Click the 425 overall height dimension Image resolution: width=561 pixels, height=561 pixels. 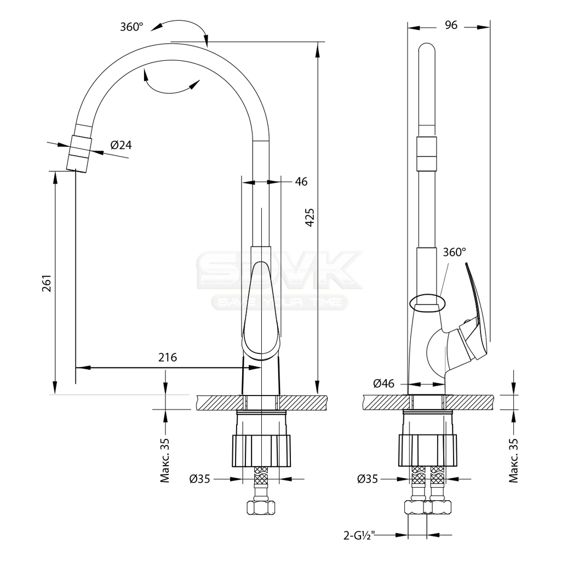pyautogui.click(x=310, y=217)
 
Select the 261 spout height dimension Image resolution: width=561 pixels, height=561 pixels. pyautogui.click(x=47, y=283)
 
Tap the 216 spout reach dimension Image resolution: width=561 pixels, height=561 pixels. pyautogui.click(x=168, y=357)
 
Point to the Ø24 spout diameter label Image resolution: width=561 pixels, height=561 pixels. pyautogui.click(x=121, y=145)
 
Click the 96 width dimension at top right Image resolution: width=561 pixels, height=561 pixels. pyautogui.click(x=451, y=25)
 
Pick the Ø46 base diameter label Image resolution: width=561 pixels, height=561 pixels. pyautogui.click(x=383, y=383)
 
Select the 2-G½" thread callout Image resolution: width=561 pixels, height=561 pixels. pyautogui.click(x=359, y=536)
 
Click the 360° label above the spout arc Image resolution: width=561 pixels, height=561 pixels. pyautogui.click(x=131, y=27)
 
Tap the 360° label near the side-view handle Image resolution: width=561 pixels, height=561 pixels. pyautogui.click(x=454, y=252)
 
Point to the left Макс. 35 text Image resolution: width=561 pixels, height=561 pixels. pyautogui.click(x=164, y=460)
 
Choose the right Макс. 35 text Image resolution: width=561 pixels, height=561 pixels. pyautogui.click(x=513, y=460)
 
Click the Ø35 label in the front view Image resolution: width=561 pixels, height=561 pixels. pyautogui.click(x=199, y=479)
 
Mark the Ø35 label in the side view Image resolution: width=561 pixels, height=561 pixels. pyautogui.click(x=368, y=479)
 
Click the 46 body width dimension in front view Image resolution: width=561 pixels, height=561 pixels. pyautogui.click(x=301, y=182)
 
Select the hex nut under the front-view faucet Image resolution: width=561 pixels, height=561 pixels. pyautogui.click(x=261, y=508)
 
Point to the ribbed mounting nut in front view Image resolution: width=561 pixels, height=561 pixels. pyautogui.click(x=261, y=451)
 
